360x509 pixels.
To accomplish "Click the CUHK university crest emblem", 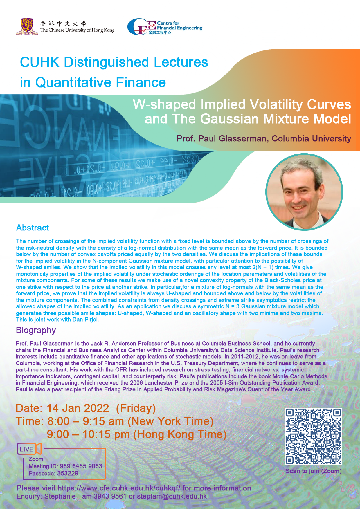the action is point(27,27).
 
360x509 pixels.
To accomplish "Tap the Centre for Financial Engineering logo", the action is point(165,27).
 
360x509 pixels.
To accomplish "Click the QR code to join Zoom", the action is point(313,436).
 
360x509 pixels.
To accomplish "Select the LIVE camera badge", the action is point(29,449).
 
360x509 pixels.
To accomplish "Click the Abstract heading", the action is point(33,228).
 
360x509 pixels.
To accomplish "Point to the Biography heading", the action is point(36,330).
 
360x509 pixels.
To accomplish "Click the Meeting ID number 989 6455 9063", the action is point(81,466).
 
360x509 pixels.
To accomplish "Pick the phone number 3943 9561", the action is point(110,496).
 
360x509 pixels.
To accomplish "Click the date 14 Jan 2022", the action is point(78,408).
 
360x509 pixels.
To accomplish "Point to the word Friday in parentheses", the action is point(136,408).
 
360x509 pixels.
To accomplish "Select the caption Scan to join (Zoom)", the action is point(314,471).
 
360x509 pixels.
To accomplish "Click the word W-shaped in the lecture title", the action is point(164,104).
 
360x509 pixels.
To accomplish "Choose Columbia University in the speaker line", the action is point(312,139).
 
